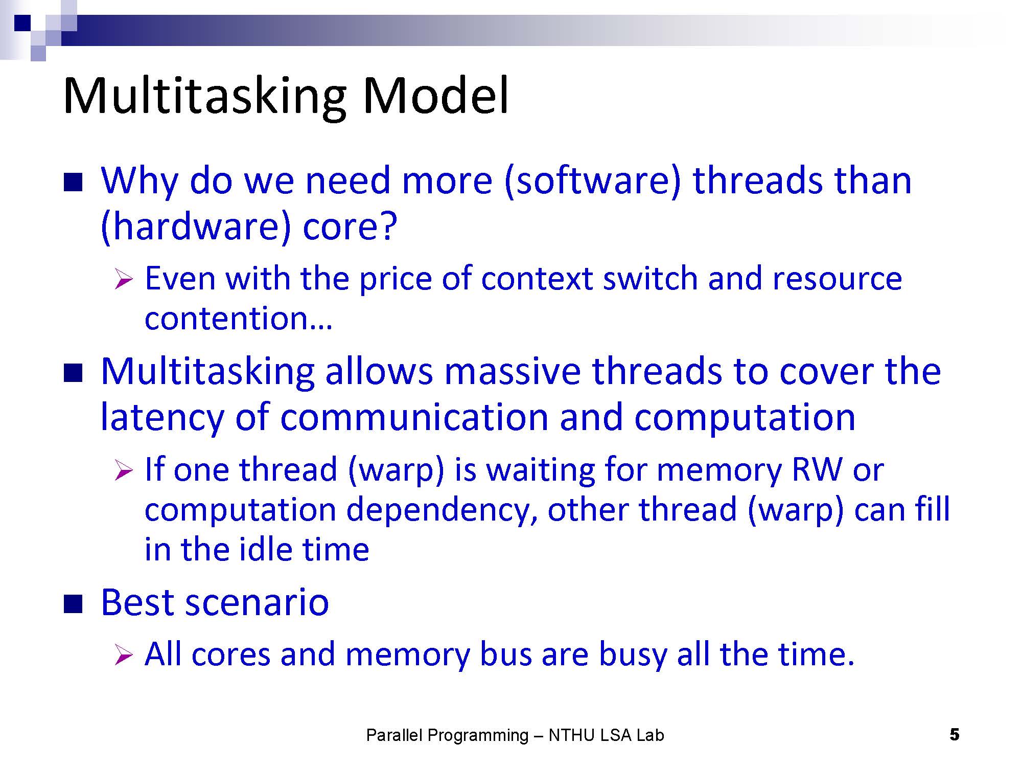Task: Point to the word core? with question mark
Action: click(350, 227)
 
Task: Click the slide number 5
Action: click(954, 735)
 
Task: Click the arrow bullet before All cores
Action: click(124, 655)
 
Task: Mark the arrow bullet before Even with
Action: click(124, 280)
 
